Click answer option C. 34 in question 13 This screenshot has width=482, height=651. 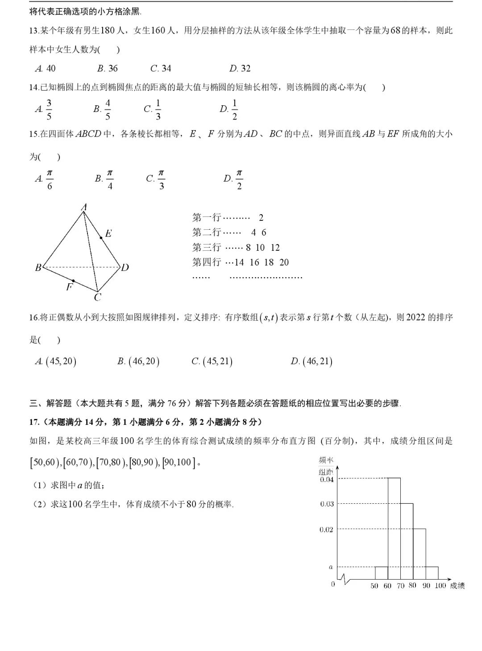click(x=161, y=68)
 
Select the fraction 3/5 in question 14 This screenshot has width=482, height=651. click(x=49, y=109)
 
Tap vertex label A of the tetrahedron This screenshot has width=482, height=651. click(x=83, y=207)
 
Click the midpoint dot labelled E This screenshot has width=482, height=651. click(x=101, y=238)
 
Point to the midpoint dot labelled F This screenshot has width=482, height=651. click(x=73, y=281)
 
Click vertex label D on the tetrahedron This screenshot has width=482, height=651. click(x=125, y=267)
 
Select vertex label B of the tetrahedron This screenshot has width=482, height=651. click(x=38, y=267)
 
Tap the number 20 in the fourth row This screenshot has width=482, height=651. click(x=284, y=262)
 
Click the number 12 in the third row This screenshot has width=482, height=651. click(x=275, y=248)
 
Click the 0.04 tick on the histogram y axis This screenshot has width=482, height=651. click(x=327, y=480)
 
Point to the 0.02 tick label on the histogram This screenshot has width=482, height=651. click(x=327, y=530)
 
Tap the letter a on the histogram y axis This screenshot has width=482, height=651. click(x=331, y=567)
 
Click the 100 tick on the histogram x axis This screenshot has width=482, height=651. click(x=440, y=586)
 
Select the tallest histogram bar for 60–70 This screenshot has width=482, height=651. click(x=394, y=529)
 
